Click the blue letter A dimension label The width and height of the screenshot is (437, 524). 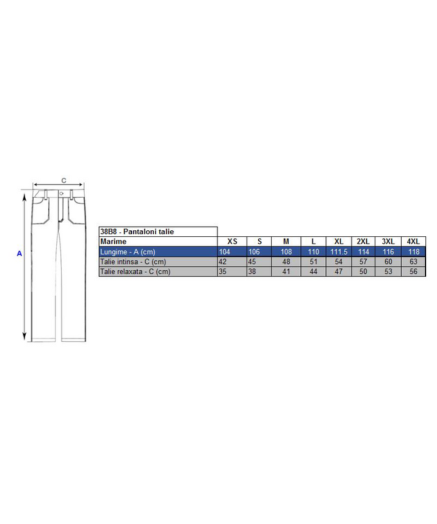(x=20, y=254)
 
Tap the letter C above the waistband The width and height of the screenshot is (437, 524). (x=64, y=181)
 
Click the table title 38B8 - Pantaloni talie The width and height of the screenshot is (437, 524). (x=137, y=232)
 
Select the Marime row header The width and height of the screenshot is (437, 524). (x=113, y=242)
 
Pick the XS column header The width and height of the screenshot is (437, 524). (x=232, y=242)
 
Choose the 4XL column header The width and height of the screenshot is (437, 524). (x=413, y=242)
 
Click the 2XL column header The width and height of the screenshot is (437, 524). (x=363, y=242)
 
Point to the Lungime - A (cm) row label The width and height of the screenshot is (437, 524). (x=128, y=252)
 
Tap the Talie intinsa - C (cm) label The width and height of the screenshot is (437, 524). (x=133, y=262)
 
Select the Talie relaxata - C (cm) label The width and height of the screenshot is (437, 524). (x=136, y=271)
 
